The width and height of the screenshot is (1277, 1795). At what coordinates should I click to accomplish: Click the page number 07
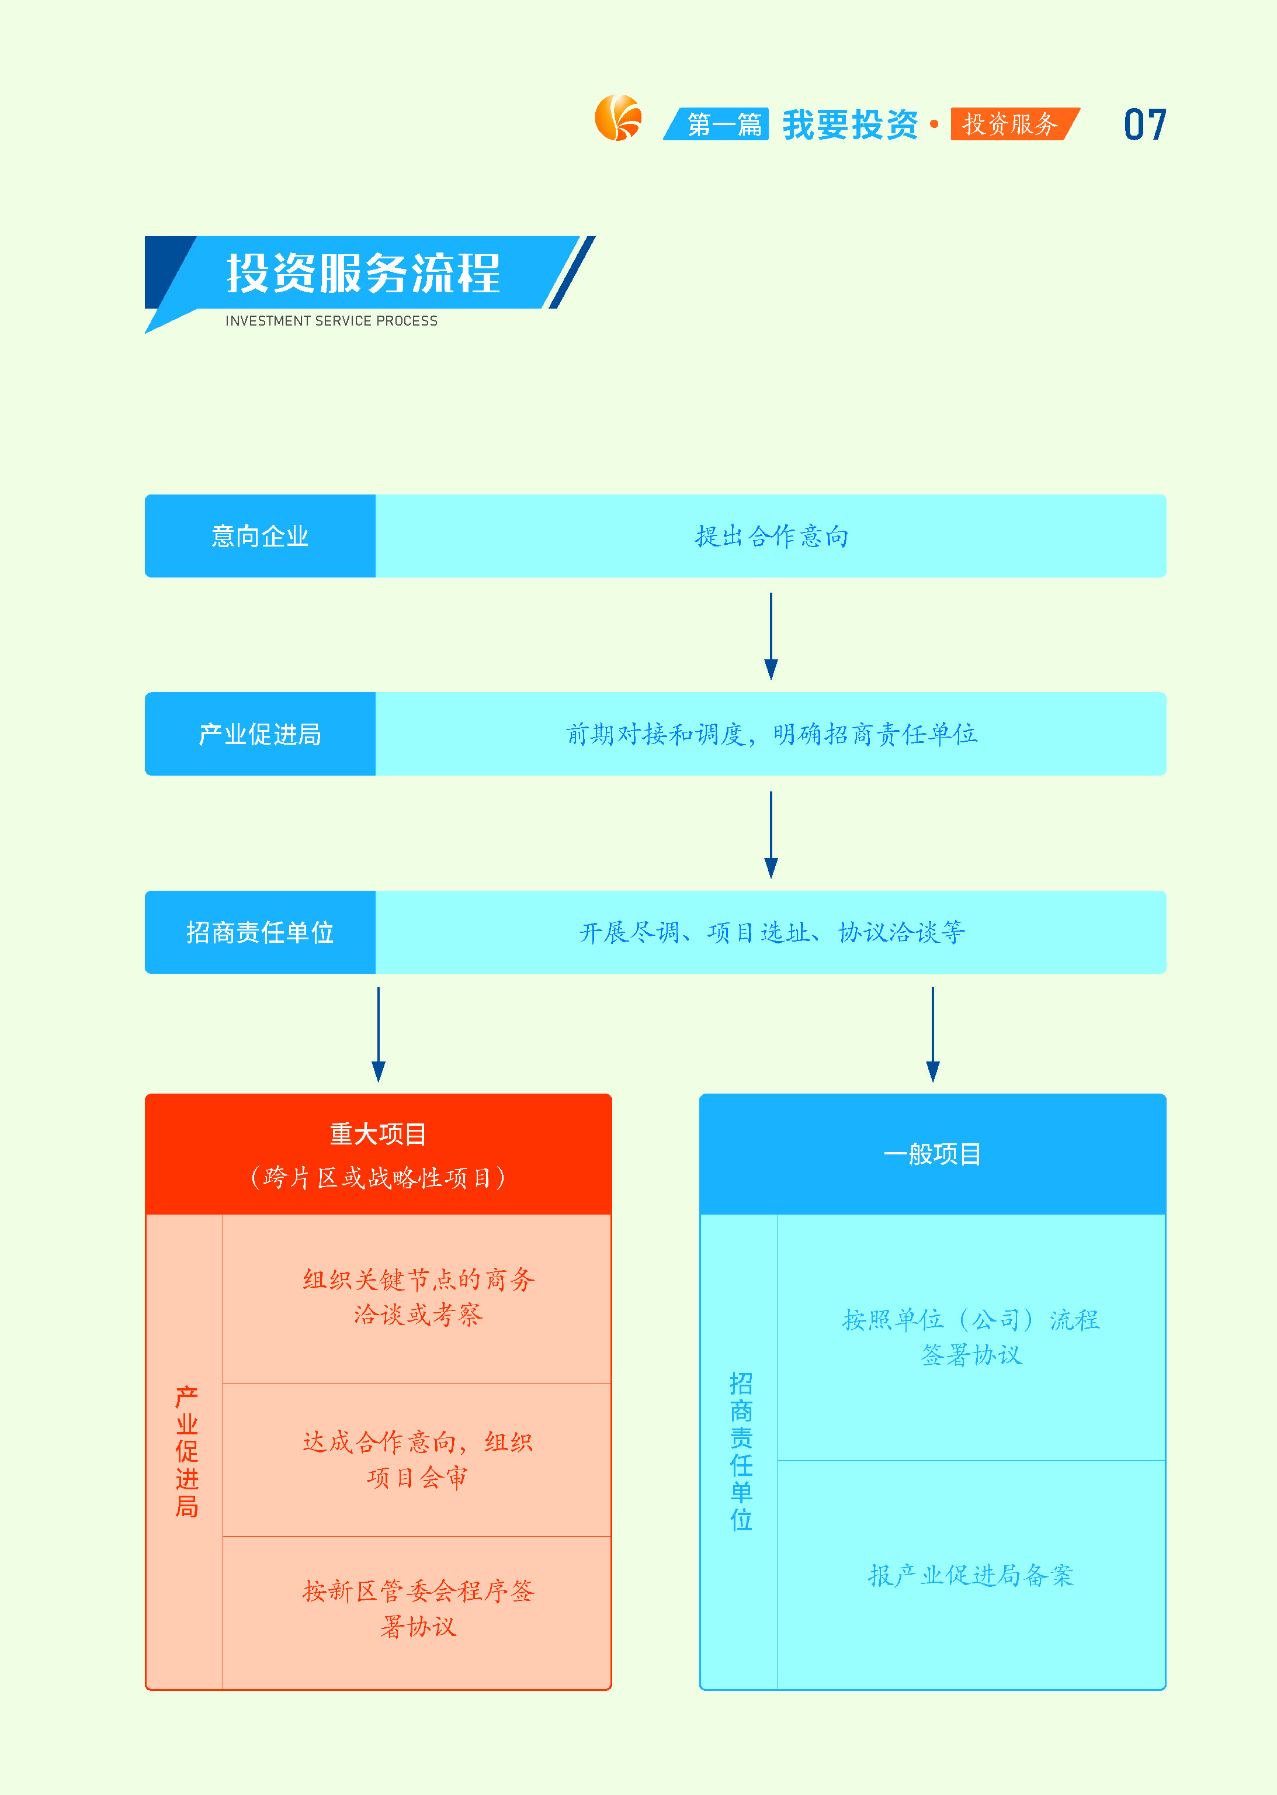click(x=1144, y=124)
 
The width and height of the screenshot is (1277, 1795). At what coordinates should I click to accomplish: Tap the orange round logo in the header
click(x=618, y=118)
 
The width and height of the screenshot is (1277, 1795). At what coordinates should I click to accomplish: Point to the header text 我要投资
click(x=850, y=124)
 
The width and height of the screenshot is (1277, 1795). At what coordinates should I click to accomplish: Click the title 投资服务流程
click(x=363, y=273)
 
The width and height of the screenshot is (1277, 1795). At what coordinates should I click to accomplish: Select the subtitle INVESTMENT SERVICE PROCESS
click(x=331, y=321)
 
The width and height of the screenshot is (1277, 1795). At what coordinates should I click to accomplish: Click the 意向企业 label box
click(x=261, y=535)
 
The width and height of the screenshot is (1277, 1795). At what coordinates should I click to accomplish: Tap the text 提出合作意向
click(x=771, y=535)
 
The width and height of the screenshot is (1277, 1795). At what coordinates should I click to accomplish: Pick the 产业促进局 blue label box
click(x=261, y=734)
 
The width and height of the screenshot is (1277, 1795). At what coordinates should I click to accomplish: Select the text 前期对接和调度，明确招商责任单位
click(x=771, y=734)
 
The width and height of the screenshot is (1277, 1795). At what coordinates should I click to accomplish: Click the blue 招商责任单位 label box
click(x=261, y=932)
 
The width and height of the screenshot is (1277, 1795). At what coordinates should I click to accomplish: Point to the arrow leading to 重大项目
click(x=378, y=1035)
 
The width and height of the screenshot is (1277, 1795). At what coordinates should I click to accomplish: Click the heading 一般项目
click(x=932, y=1154)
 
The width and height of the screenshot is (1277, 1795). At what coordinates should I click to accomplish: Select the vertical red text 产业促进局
click(x=186, y=1451)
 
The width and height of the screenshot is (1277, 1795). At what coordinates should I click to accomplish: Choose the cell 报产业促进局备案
click(x=971, y=1575)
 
